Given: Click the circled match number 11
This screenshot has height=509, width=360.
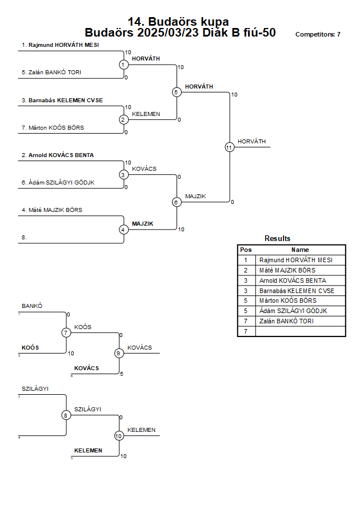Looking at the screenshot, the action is [230, 147].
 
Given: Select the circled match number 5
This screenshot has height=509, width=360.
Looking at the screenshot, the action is [176, 92].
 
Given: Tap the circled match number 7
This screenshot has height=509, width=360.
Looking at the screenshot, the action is [66, 332].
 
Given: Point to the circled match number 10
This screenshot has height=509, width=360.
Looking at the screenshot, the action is [119, 436].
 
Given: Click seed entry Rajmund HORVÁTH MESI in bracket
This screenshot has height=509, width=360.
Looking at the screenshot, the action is [61, 45].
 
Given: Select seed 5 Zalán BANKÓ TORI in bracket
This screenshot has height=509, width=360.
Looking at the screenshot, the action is [51, 73].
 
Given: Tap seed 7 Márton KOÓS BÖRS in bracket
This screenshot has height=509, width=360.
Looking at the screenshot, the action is [53, 127].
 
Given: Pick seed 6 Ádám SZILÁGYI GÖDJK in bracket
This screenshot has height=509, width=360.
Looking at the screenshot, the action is [58, 182].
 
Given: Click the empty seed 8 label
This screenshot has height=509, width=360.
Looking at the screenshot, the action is [24, 237].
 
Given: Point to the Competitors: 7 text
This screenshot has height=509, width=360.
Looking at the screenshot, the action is [318, 34].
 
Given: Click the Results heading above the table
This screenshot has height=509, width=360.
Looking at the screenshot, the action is [278, 238].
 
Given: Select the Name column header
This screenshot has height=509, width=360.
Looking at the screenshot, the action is [300, 250].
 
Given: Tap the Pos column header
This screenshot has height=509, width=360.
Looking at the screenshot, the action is [246, 250].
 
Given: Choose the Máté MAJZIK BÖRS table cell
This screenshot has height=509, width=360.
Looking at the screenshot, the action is [287, 270].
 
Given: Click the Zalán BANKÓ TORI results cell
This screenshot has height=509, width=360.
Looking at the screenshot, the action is [286, 321].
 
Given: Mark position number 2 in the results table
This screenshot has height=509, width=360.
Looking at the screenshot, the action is [246, 270].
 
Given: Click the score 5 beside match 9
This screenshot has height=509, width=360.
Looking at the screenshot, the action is [122, 374].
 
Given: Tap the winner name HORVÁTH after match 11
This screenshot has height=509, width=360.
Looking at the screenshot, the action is [251, 142].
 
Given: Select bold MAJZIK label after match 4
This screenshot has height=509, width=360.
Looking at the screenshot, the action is [142, 224].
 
